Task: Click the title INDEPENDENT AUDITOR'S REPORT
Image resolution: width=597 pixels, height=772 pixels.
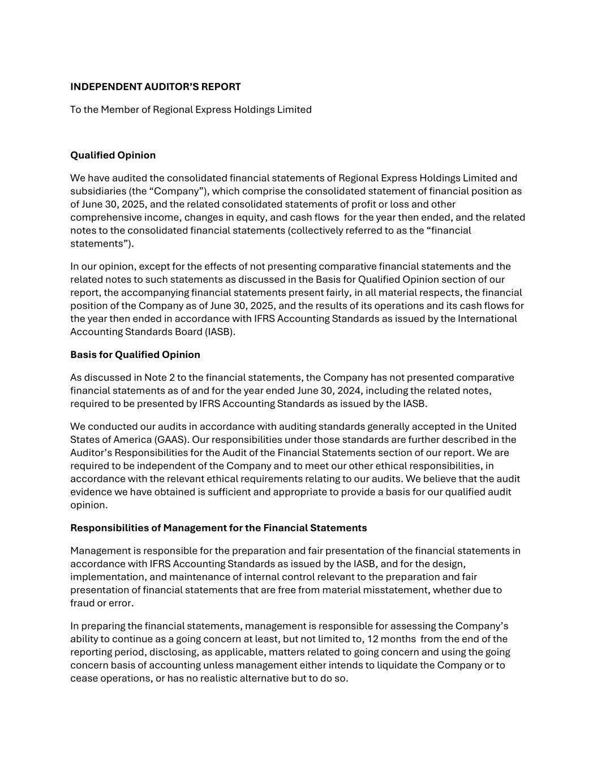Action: [155, 87]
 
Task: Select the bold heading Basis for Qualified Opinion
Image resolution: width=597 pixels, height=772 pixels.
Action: [135, 355]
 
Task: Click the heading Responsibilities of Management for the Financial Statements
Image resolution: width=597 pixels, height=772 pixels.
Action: [218, 528]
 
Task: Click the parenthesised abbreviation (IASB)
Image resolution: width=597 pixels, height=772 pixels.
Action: [216, 331]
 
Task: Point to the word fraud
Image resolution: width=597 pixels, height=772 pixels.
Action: [82, 603]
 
